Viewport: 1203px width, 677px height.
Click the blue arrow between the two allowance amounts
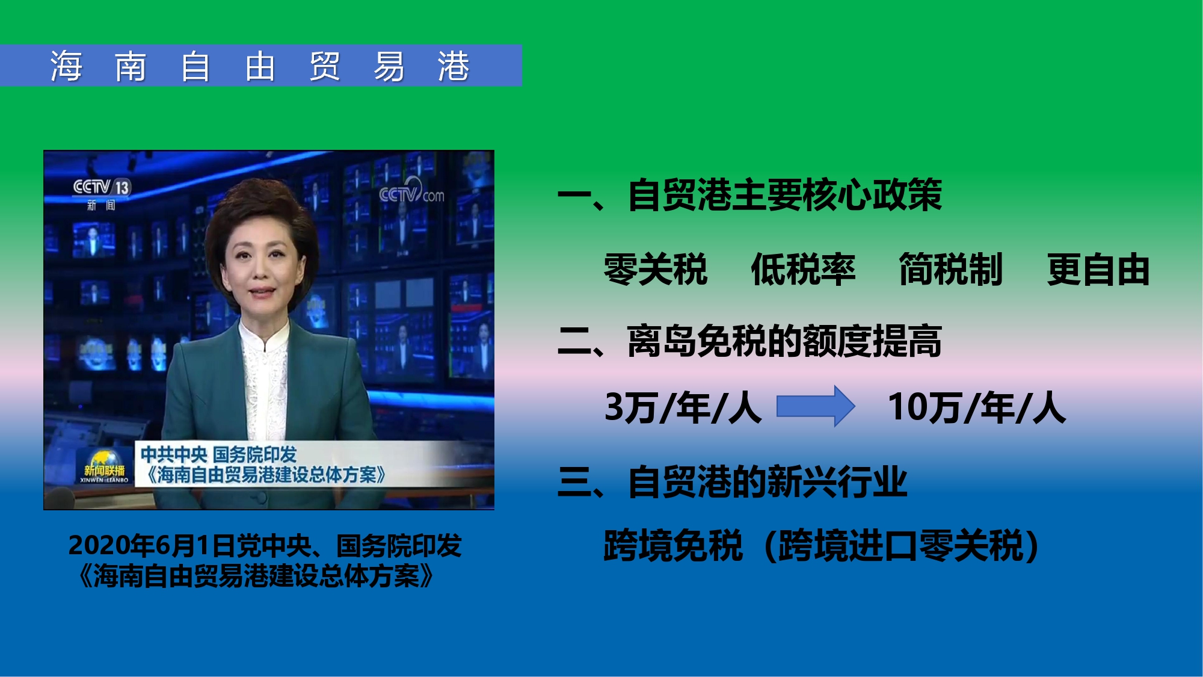[816, 406]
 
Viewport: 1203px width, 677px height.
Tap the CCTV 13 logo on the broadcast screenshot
[101, 187]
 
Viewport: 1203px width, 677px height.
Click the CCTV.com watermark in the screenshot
[411, 192]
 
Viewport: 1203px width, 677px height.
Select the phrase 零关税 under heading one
[656, 269]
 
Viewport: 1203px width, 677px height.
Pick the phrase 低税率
[803, 269]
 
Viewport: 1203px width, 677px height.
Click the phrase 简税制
[951, 269]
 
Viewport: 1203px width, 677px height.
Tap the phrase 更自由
[1098, 269]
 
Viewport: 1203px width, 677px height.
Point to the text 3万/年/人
[683, 407]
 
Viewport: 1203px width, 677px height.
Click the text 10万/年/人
[977, 407]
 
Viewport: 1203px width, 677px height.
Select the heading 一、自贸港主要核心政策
[749, 195]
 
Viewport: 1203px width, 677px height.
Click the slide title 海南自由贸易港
[260, 66]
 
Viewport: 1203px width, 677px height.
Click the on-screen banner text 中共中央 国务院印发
[219, 454]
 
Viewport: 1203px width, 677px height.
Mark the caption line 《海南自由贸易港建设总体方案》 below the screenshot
[256, 576]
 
